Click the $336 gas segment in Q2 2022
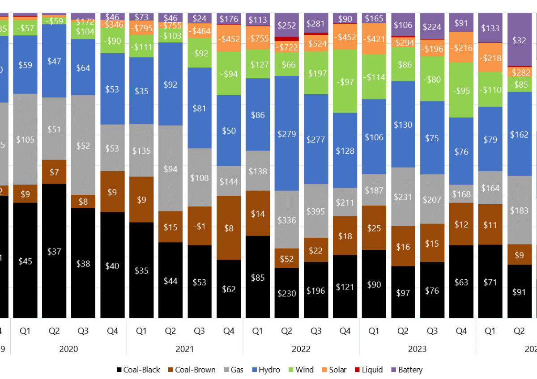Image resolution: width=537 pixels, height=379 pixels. pyautogui.click(x=287, y=219)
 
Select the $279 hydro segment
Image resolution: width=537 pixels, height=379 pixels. pyautogui.click(x=287, y=134)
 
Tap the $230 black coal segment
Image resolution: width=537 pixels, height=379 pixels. pyautogui.click(x=287, y=293)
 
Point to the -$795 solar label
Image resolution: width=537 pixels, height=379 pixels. pyautogui.click(x=141, y=28)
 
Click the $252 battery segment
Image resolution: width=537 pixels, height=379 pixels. pyautogui.click(x=287, y=25)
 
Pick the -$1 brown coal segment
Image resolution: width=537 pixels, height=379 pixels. pyautogui.click(x=200, y=226)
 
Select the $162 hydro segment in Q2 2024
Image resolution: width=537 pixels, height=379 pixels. pyautogui.click(x=519, y=134)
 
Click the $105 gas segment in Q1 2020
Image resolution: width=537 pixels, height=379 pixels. pyautogui.click(x=25, y=139)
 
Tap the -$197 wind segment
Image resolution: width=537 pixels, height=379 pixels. pyautogui.click(x=316, y=73)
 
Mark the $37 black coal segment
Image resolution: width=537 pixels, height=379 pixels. pyautogui.click(x=54, y=251)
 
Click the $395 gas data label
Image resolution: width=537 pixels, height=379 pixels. pyautogui.click(x=316, y=210)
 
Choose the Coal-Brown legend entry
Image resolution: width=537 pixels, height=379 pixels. pyautogui.click(x=191, y=370)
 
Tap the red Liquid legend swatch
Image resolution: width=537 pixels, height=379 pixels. pyautogui.click(x=356, y=370)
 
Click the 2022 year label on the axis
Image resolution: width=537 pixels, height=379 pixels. pyautogui.click(x=301, y=349)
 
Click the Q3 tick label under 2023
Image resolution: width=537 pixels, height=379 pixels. pyautogui.click(x=432, y=331)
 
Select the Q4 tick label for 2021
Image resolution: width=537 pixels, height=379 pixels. pyautogui.click(x=229, y=331)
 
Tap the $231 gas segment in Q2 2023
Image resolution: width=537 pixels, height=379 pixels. pyautogui.click(x=403, y=197)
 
